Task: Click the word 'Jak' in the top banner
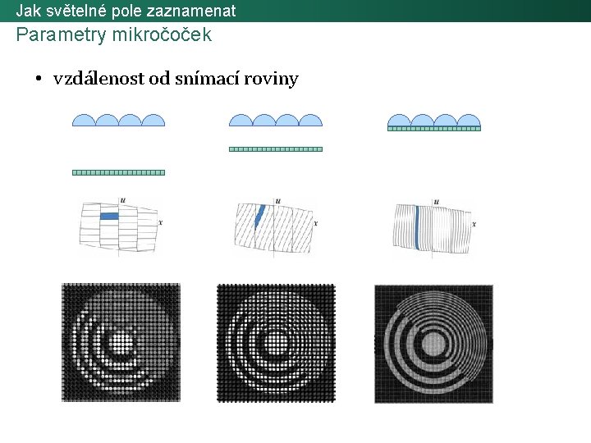tap(29, 11)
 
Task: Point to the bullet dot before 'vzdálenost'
tap(39, 80)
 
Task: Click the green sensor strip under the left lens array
tap(119, 172)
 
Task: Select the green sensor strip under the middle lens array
tap(275, 149)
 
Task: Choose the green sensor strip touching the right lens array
tap(433, 129)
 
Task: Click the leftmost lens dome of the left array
tap(85, 121)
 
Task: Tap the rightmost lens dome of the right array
tap(468, 120)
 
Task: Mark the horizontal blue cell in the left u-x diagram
tap(110, 216)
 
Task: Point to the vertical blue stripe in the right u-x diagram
tap(418, 226)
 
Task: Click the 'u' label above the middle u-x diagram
tap(278, 200)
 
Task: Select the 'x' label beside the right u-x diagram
tap(474, 222)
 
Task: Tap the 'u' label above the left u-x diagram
tap(122, 199)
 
